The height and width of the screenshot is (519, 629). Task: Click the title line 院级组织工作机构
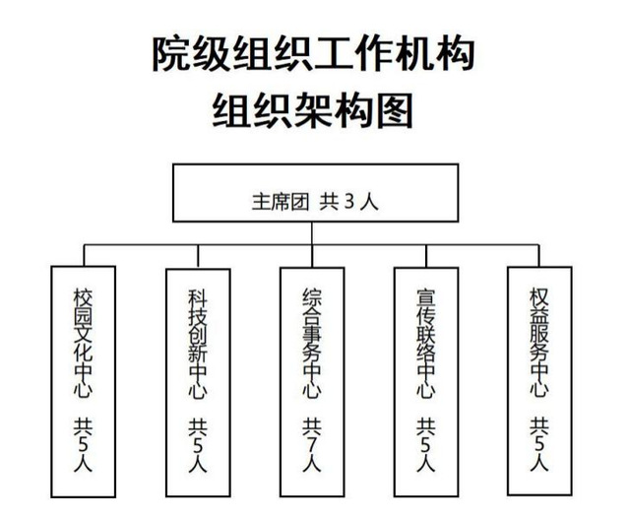tap(314, 54)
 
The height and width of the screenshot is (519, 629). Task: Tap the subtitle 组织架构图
tap(313, 110)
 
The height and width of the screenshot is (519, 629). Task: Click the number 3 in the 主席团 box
tap(349, 202)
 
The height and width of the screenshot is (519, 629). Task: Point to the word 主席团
tap(281, 202)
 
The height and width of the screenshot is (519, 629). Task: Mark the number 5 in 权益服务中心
tap(539, 444)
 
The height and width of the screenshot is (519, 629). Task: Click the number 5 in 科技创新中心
tap(198, 445)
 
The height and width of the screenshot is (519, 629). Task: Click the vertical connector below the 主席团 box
tap(312, 244)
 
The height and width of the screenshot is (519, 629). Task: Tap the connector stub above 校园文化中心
tap(84, 255)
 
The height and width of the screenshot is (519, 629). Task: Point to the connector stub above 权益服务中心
tap(539, 256)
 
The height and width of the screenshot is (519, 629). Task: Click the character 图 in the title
tap(395, 110)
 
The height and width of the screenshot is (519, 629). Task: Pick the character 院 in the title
tap(170, 54)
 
